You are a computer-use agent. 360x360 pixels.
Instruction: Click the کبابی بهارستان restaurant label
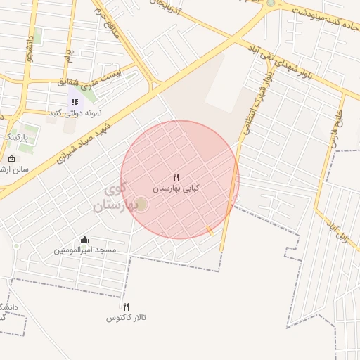(x=176, y=188)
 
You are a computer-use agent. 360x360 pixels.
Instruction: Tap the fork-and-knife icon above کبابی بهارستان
(x=176, y=178)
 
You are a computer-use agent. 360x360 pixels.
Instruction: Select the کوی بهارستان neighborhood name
(x=112, y=198)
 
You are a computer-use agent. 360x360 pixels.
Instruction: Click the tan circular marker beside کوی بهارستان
(x=141, y=204)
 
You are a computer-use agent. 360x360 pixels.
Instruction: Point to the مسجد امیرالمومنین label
(x=86, y=250)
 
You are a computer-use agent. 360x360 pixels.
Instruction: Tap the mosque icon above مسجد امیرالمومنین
(x=85, y=240)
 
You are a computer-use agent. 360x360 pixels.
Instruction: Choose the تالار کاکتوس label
(x=127, y=318)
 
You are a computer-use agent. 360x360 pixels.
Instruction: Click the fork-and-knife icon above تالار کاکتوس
(x=127, y=307)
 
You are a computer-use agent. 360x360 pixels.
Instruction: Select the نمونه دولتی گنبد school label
(x=75, y=113)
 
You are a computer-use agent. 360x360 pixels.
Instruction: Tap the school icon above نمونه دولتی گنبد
(x=75, y=103)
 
